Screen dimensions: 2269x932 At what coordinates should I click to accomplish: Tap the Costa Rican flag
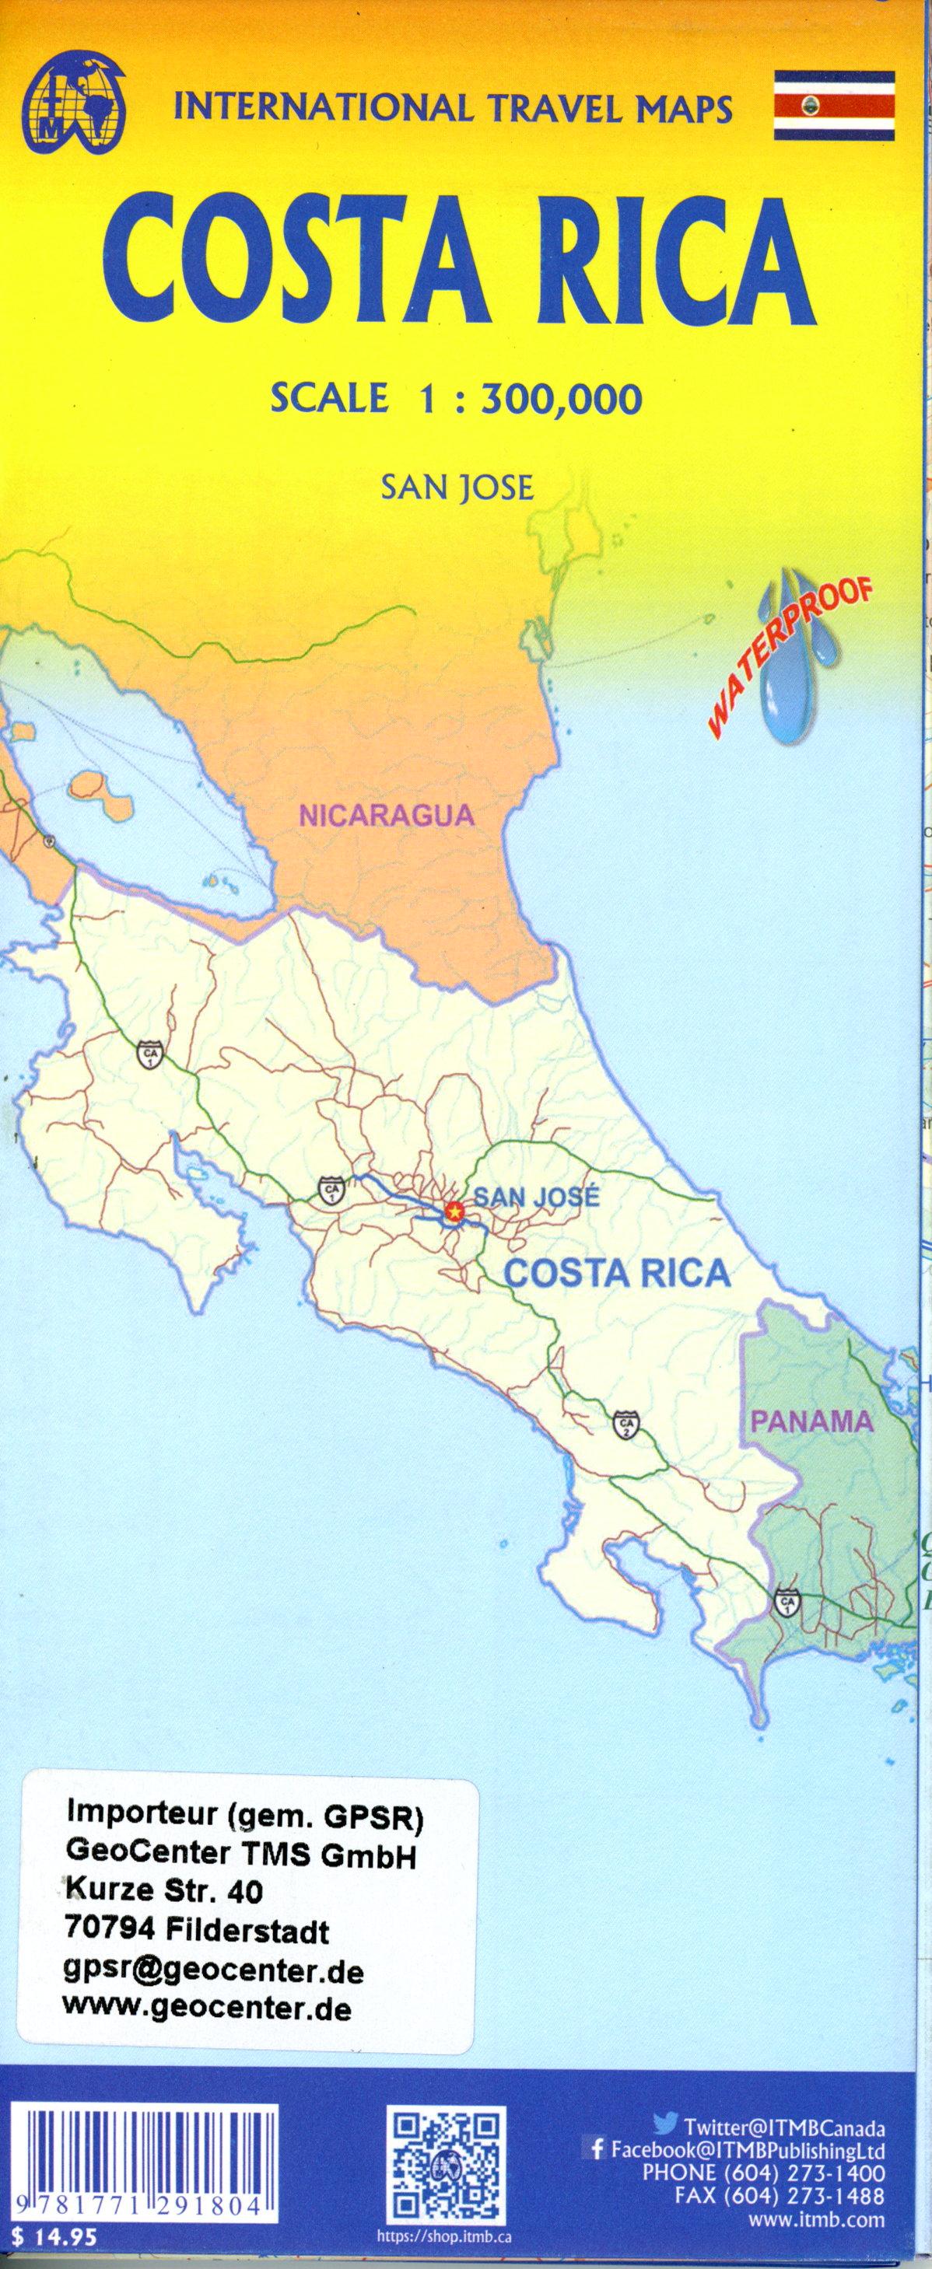coord(833,106)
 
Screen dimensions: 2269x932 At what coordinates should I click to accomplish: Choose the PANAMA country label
coord(812,1421)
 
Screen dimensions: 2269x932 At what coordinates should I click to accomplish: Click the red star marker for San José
coord(454,1213)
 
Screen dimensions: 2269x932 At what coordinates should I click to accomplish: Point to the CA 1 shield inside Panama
coord(787,1601)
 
